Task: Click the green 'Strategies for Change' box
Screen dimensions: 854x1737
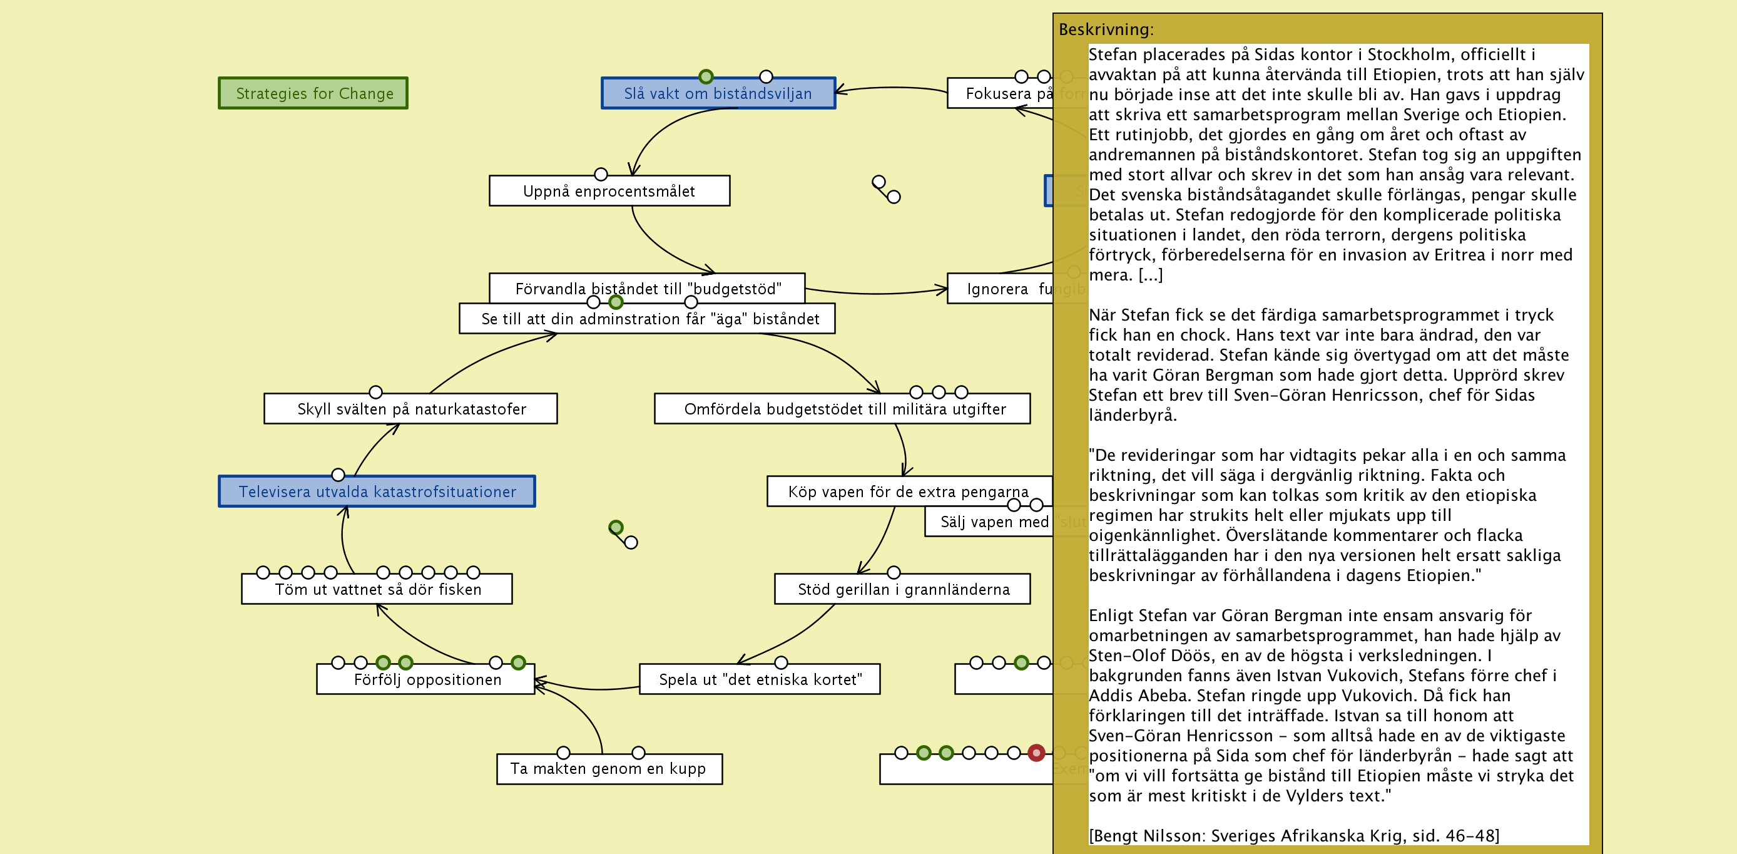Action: (313, 93)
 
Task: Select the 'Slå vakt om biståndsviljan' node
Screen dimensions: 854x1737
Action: (718, 93)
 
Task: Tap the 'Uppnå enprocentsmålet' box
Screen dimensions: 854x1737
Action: (609, 191)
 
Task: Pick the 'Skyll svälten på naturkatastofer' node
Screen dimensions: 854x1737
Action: (410, 409)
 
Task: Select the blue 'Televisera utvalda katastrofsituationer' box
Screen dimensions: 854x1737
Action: (377, 491)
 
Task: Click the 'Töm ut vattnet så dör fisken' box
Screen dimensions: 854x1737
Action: (377, 590)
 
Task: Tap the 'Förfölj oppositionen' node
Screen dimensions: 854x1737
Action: (426, 679)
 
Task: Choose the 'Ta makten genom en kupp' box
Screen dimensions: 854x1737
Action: (609, 769)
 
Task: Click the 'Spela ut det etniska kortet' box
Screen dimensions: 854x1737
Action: (759, 679)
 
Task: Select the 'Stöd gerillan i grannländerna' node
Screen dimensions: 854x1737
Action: (902, 590)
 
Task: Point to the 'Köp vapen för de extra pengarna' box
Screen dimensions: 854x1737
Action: (908, 491)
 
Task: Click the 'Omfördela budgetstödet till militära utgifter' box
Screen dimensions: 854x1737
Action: (843, 409)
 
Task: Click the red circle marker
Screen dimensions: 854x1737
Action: (1036, 753)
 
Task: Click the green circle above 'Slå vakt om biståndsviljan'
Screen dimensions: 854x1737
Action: (706, 76)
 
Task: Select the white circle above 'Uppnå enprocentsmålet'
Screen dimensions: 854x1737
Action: (601, 174)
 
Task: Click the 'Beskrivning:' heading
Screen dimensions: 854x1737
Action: (1106, 29)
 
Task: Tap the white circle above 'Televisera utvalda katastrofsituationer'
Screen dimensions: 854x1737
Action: (339, 475)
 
